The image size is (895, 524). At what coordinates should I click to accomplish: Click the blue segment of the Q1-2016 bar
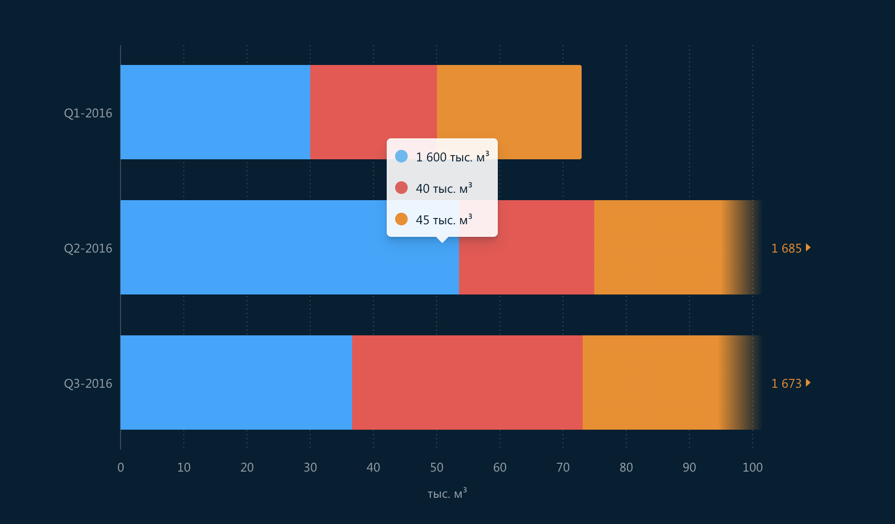point(215,112)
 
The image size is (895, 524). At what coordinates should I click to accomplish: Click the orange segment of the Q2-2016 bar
point(658,247)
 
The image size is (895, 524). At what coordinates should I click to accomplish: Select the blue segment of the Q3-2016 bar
point(236,383)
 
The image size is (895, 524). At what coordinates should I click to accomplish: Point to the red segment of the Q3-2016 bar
point(467,383)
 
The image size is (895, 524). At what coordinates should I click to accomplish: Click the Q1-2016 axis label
point(88,113)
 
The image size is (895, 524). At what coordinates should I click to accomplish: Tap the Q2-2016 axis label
point(88,248)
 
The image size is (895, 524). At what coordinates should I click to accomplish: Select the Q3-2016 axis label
point(88,384)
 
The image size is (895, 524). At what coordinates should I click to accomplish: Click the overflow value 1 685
point(787,248)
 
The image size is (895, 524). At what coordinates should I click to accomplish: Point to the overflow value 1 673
point(787,384)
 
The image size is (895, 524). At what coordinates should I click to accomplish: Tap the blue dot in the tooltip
point(401,156)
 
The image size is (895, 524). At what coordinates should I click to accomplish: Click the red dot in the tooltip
point(401,188)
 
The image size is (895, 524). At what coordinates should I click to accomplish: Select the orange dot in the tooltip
point(401,219)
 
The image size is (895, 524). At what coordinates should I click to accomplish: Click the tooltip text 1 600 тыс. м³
point(452,157)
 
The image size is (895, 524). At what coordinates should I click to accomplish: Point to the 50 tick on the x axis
point(436,467)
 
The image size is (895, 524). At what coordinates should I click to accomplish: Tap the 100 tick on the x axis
point(752,467)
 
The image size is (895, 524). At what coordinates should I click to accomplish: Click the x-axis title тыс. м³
point(446,494)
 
